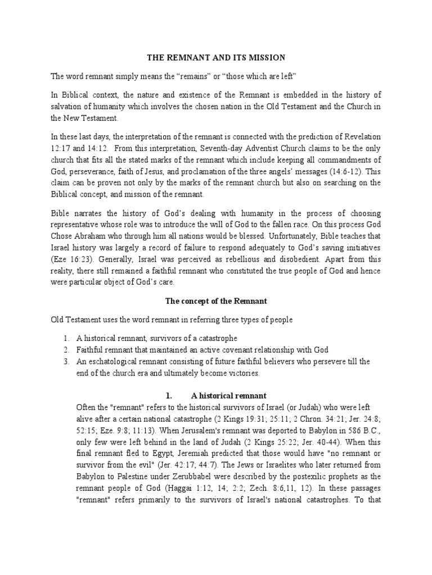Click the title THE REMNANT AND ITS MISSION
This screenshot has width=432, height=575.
click(216, 57)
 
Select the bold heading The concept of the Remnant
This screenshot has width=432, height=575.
click(216, 301)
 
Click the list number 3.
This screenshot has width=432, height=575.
click(66, 362)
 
